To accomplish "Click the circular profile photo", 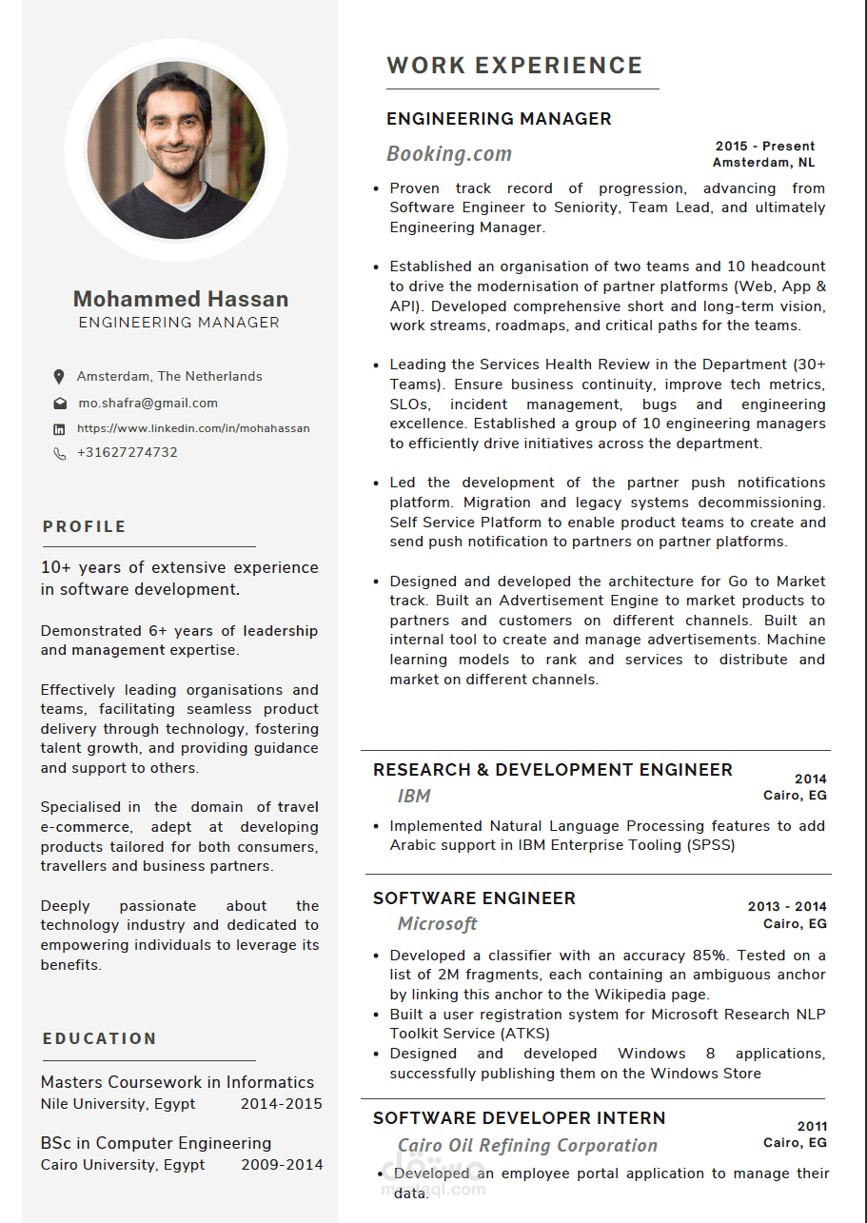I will [176, 150].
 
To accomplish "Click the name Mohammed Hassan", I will [181, 299].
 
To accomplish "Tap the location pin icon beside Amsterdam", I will [59, 377].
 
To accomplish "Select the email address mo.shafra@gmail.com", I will [148, 404].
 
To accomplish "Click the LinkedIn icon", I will [59, 429].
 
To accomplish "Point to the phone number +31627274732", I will [128, 453].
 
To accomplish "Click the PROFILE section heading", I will [85, 527].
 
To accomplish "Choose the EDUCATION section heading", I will [100, 1039].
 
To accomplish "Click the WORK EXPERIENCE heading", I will [515, 66].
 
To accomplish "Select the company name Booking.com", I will [449, 154].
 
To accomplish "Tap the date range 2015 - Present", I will [765, 147].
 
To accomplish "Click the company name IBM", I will [414, 797].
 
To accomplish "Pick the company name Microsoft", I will [438, 924].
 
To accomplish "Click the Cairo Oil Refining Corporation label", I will [527, 1146].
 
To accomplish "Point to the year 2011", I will [813, 1127].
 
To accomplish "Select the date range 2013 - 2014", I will [787, 907].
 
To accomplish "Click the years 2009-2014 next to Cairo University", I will [282, 1165].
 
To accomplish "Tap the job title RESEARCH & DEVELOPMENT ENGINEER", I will [553, 770].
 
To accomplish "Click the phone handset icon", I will [59, 454].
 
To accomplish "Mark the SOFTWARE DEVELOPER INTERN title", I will [520, 1118].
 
